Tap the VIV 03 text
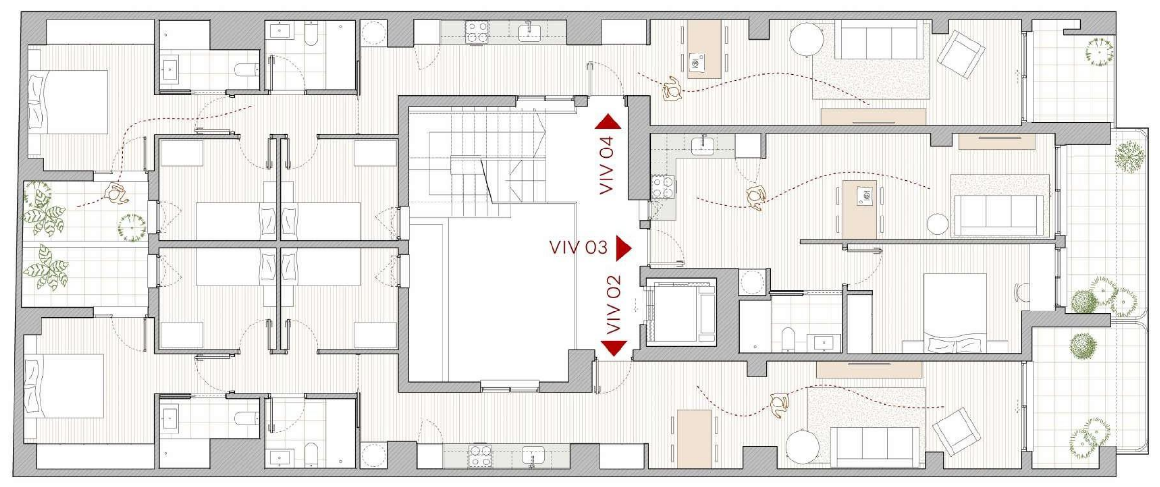pyautogui.click(x=578, y=247)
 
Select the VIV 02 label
pyautogui.click(x=613, y=305)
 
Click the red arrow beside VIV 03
pyautogui.click(x=623, y=248)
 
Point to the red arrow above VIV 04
pyautogui.click(x=608, y=122)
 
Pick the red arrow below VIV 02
pyautogui.click(x=614, y=348)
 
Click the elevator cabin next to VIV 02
pyautogui.click(x=681, y=311)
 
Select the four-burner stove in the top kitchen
pyautogui.click(x=477, y=32)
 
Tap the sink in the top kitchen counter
pyautogui.click(x=529, y=32)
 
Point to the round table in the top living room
pyautogui.click(x=806, y=40)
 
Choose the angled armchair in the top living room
pyautogui.click(x=961, y=54)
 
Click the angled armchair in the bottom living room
pyautogui.click(x=956, y=432)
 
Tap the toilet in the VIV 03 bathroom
pyautogui.click(x=787, y=339)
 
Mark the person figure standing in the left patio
pyautogui.click(x=116, y=194)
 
